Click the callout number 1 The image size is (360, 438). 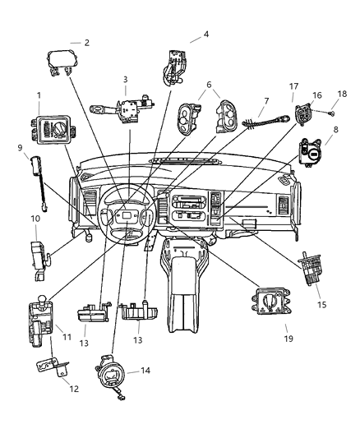pyautogui.click(x=38, y=95)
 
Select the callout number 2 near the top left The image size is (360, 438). pyautogui.click(x=87, y=42)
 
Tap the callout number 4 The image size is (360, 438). pyautogui.click(x=206, y=35)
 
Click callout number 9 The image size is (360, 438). pyautogui.click(x=19, y=148)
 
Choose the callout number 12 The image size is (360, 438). pyautogui.click(x=74, y=389)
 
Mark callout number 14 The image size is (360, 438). pyautogui.click(x=146, y=371)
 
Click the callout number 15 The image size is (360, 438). pyautogui.click(x=322, y=305)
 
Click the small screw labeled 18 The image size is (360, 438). pyautogui.click(x=329, y=112)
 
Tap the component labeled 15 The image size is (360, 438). pyautogui.click(x=309, y=271)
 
